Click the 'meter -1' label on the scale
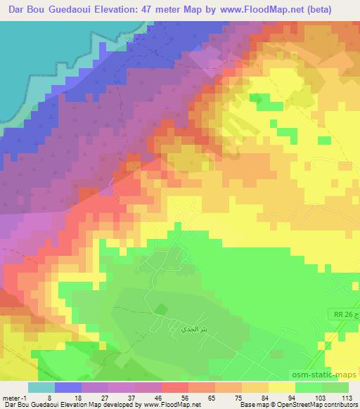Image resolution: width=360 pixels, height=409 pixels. click(x=14, y=397)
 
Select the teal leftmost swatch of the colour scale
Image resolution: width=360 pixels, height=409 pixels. click(x=41, y=387)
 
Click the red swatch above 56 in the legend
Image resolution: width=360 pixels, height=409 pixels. click(x=175, y=387)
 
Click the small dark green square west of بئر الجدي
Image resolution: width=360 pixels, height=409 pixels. click(x=161, y=308)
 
